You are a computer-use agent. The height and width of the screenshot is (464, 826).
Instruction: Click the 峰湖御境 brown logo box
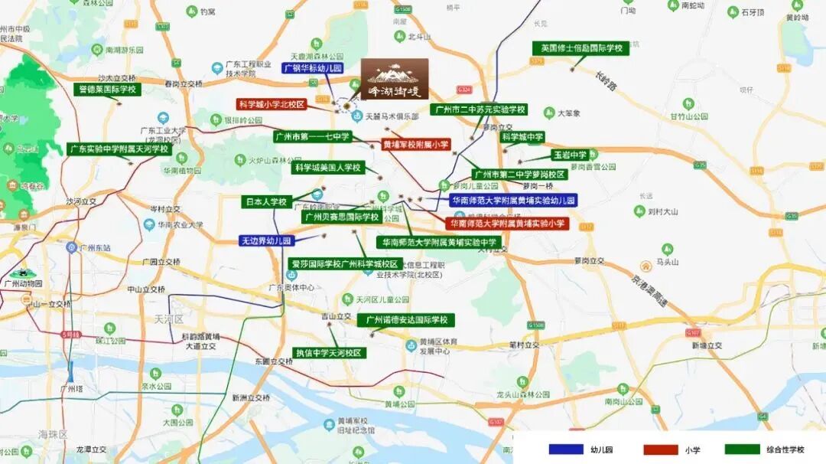(395, 79)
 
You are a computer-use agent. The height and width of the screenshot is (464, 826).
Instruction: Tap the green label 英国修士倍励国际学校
(580, 48)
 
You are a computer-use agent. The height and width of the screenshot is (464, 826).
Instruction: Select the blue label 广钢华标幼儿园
(313, 68)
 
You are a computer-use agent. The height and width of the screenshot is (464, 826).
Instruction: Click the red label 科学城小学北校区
(272, 104)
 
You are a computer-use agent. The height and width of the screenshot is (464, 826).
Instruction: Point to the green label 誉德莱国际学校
(108, 90)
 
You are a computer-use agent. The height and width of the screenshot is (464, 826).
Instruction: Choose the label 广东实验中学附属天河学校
(119, 149)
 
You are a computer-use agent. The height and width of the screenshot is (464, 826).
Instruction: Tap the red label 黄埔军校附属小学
(416, 145)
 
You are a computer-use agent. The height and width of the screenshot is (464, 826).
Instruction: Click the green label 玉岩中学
(570, 155)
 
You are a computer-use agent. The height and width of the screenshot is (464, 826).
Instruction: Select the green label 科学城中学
(522, 138)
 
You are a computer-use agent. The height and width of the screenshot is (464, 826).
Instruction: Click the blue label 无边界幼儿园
(266, 240)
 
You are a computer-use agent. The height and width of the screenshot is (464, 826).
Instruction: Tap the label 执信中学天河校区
(329, 353)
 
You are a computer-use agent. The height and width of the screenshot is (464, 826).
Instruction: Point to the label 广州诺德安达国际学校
(406, 320)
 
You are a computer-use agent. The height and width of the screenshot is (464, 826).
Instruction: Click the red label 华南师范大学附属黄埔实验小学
(507, 224)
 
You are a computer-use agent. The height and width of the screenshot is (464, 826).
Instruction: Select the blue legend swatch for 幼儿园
(566, 449)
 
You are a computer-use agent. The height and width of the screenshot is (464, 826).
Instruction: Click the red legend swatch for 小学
(661, 449)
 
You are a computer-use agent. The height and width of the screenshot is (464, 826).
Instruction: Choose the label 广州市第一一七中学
(312, 137)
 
